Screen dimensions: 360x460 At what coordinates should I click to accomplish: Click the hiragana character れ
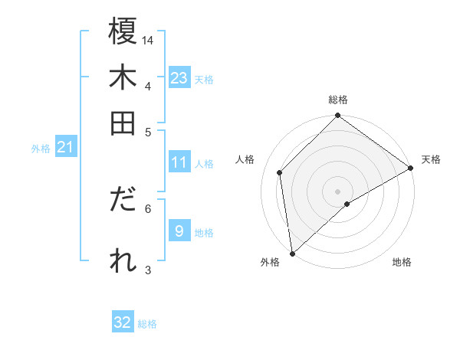123,260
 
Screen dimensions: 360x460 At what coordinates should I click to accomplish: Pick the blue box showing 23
179,78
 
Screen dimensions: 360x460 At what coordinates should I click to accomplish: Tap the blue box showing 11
179,162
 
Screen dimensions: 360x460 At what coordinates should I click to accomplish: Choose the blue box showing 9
179,231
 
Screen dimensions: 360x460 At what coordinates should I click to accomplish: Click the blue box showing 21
64,148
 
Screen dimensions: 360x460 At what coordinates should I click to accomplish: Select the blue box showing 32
123,322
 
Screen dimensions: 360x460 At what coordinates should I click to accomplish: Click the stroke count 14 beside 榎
148,39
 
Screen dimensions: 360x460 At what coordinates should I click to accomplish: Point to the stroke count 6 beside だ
148,208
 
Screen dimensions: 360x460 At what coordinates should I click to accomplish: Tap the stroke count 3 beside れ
148,270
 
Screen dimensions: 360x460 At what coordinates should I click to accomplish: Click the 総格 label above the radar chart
338,100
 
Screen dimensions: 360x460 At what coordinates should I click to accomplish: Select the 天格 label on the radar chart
431,159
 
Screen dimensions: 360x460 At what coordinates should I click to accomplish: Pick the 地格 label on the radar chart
402,262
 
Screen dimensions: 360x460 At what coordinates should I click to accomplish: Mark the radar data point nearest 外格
292,254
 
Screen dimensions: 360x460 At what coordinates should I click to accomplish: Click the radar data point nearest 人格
280,172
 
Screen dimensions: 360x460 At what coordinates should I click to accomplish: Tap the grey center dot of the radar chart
338,191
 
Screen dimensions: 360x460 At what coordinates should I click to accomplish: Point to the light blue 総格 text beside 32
147,324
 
